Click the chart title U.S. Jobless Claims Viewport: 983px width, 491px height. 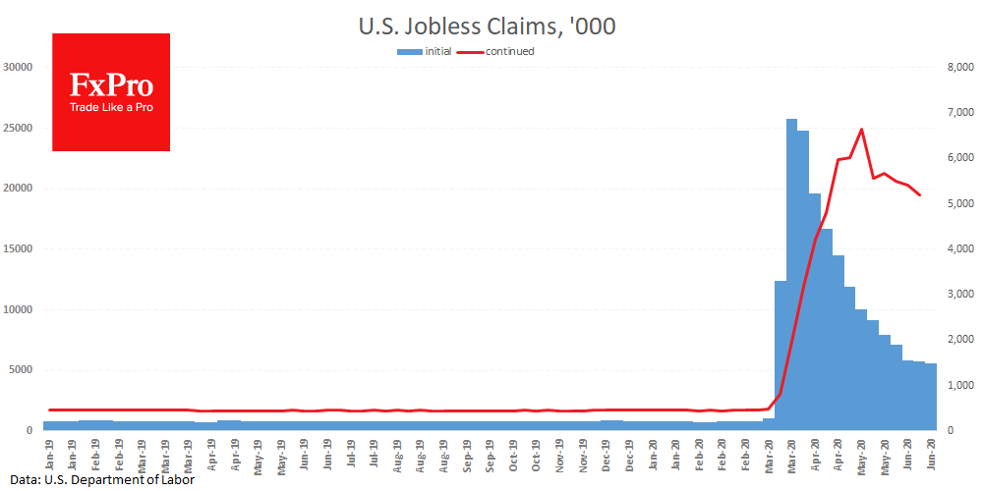[488, 27]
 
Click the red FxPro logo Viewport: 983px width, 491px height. [111, 91]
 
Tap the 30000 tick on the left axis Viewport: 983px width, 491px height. [19, 67]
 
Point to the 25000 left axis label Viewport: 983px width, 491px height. [19, 128]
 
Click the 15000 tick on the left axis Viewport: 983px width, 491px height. [19, 249]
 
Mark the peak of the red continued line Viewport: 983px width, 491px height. [861, 130]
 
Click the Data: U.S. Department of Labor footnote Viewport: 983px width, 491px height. [97, 480]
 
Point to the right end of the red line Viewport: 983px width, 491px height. [920, 195]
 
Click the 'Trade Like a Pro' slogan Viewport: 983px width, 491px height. [111, 107]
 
